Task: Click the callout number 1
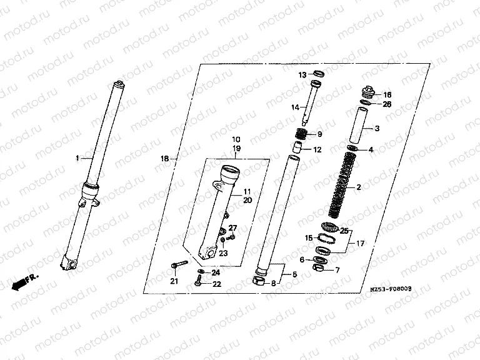[78, 159]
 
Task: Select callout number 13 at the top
[301, 74]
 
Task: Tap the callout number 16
[387, 94]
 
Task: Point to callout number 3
[377, 129]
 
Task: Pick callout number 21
[174, 281]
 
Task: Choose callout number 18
[164, 159]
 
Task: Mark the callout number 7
[337, 270]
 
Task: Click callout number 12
[317, 150]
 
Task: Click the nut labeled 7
[318, 269]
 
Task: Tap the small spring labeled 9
[302, 134]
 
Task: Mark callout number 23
[223, 253]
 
